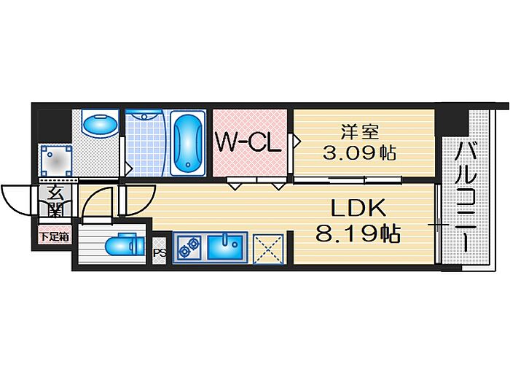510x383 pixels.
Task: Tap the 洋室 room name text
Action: click(x=359, y=134)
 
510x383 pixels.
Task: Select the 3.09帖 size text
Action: click(x=358, y=153)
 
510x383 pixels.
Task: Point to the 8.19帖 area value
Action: click(x=358, y=234)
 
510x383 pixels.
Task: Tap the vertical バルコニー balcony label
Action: click(x=466, y=197)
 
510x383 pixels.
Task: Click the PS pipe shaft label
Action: click(x=159, y=253)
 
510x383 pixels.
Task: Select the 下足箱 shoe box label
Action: click(x=54, y=236)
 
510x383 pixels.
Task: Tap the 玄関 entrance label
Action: click(x=55, y=200)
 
